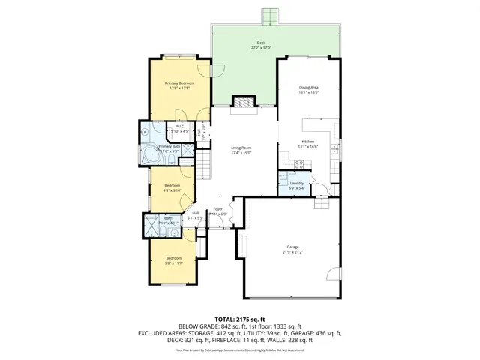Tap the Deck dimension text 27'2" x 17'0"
coord(260,48)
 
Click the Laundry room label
coord(296,183)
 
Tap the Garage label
coord(292,247)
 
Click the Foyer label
coord(217,209)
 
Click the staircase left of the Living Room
coord(202,169)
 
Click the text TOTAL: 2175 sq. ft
coord(240,319)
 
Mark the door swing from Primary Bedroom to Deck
coord(202,112)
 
